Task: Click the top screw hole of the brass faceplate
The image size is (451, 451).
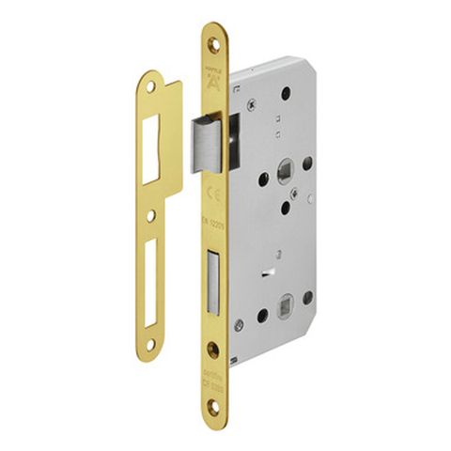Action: click(x=213, y=43)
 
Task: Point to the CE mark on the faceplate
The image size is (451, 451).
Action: click(x=213, y=194)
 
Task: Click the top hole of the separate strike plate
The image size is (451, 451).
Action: click(x=152, y=87)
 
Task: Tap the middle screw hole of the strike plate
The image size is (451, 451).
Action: click(x=151, y=215)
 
